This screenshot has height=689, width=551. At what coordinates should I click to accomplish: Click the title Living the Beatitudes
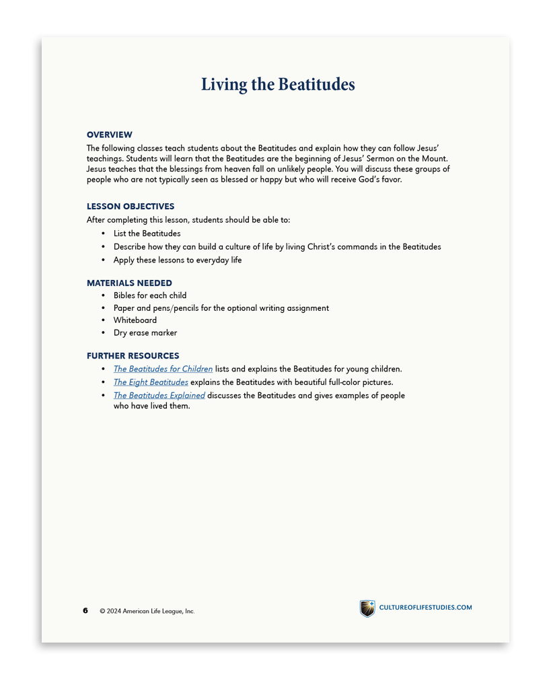pos(278,85)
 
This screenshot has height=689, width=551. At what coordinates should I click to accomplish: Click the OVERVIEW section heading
pos(110,135)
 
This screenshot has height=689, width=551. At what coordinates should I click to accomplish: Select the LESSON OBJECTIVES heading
pos(131,207)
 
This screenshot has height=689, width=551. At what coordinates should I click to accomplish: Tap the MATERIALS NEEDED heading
pos(129,283)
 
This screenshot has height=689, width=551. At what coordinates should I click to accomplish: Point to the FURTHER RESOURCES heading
pos(133,356)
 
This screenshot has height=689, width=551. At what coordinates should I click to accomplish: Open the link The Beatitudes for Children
pos(163,369)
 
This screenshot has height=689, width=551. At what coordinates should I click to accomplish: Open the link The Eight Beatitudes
pos(151,382)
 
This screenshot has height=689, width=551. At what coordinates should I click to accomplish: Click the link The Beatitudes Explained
pos(159,396)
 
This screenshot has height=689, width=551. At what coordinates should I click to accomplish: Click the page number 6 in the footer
pos(85,610)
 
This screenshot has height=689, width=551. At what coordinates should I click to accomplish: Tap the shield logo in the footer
pos(367,608)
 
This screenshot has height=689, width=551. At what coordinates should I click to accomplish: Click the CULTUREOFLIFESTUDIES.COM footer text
pos(425,608)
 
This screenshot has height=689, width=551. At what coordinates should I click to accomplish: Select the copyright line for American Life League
pos(147,611)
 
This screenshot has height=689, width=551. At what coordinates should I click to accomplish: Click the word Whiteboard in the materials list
pos(135,320)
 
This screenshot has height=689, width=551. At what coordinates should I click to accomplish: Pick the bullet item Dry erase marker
pos(145,332)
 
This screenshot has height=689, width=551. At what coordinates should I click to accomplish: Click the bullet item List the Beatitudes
pos(147,233)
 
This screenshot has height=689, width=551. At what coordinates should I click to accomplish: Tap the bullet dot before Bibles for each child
pos(103,295)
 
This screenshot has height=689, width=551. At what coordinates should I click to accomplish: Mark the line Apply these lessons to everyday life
pos(178,260)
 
